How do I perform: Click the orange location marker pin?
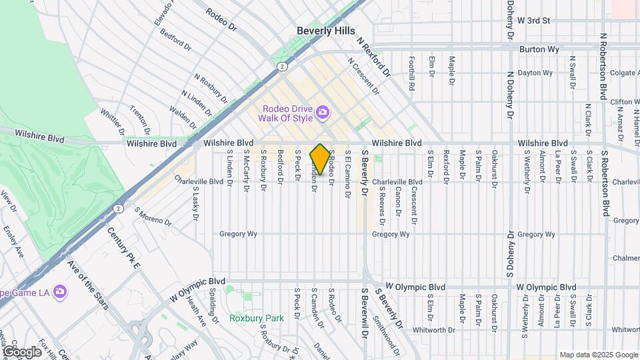coord(320,160)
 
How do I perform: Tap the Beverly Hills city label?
coord(326,31)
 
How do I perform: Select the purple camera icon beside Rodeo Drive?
coord(323,111)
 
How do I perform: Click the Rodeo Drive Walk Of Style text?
coord(287,114)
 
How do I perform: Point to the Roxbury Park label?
coord(257,318)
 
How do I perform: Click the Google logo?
coord(21,351)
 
